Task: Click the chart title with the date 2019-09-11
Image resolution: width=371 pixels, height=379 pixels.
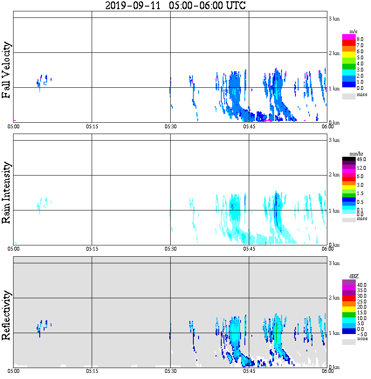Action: click(175, 6)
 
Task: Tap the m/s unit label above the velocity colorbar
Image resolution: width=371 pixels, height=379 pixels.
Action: click(353, 31)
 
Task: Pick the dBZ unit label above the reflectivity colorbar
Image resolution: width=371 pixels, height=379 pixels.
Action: click(353, 276)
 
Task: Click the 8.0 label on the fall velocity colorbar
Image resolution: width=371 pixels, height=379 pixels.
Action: click(360, 39)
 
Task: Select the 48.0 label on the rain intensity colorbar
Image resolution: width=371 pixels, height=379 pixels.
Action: click(361, 160)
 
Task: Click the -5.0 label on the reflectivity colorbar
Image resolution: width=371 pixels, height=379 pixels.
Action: click(361, 334)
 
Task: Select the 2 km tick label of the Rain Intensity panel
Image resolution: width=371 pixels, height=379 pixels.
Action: click(334, 175)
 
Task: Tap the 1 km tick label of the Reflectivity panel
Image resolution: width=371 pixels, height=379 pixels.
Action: click(334, 334)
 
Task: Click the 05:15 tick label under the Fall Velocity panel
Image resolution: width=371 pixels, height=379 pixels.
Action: click(92, 127)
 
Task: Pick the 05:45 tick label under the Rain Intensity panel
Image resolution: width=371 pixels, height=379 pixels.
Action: click(249, 249)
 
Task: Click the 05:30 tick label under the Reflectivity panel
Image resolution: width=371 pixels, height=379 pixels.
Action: click(170, 371)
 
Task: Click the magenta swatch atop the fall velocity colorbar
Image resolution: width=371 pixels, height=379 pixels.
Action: click(349, 37)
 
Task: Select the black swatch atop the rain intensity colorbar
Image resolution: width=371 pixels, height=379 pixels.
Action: click(349, 159)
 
